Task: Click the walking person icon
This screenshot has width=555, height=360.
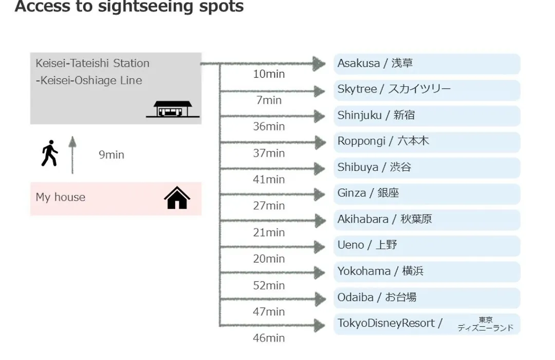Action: tap(49, 153)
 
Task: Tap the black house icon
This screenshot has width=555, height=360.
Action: tap(177, 197)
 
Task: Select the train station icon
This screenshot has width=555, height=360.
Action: tap(173, 109)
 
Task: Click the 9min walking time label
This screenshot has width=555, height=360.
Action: tap(112, 155)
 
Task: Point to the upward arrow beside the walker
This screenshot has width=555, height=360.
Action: tap(72, 155)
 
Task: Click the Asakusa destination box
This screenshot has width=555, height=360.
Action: tap(427, 64)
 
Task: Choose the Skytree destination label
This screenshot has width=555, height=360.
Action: tap(394, 89)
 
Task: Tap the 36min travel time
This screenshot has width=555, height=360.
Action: tap(269, 127)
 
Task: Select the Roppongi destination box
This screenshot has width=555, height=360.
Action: tap(427, 142)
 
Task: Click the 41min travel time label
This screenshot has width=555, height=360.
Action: tap(269, 179)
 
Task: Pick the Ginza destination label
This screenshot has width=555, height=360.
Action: tap(368, 193)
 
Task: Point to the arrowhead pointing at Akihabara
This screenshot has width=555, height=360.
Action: tap(320, 221)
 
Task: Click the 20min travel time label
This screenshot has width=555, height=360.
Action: tap(269, 259)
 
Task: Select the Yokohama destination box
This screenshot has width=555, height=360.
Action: tap(427, 272)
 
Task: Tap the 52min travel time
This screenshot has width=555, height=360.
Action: tap(269, 285)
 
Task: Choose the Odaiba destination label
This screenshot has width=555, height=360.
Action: tap(377, 297)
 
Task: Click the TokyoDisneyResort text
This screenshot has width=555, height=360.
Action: tap(386, 323)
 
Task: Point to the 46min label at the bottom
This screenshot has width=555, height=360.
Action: tap(269, 338)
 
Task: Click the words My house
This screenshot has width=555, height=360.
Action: tap(61, 197)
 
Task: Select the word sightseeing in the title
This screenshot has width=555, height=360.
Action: tap(146, 6)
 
